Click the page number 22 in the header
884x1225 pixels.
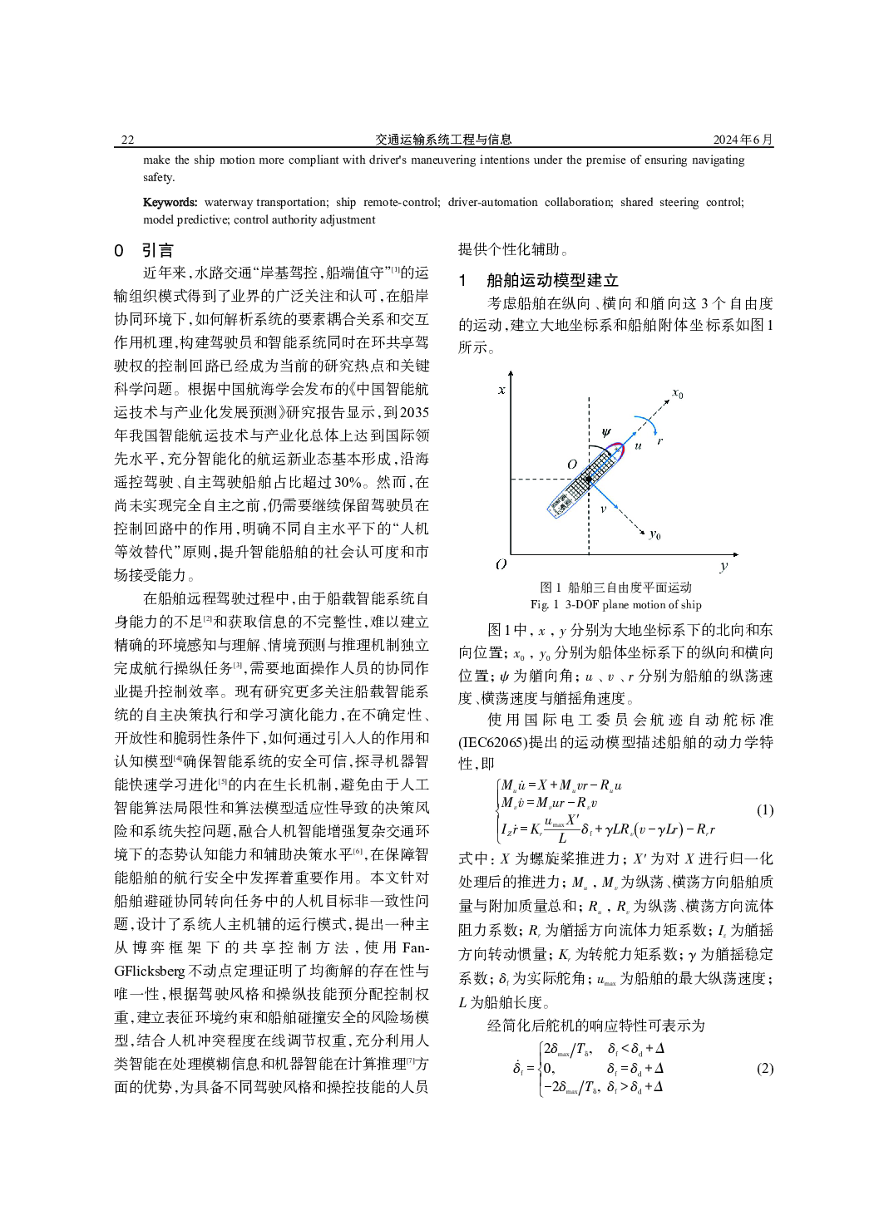coord(127,140)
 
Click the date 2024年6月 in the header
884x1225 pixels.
coord(743,140)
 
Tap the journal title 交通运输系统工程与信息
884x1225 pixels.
coord(443,140)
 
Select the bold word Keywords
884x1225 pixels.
coord(170,202)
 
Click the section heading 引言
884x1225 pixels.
coord(158,250)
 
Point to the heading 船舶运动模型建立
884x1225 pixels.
coord(552,280)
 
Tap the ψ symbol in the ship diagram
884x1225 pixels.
coord(606,432)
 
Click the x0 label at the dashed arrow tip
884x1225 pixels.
coord(678,393)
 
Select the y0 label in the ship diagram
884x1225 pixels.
coord(655,534)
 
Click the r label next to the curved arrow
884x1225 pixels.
coord(659,440)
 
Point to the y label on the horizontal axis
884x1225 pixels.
coord(723,566)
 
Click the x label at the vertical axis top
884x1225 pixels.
coord(501,389)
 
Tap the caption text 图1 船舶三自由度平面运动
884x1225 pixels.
coord(615,588)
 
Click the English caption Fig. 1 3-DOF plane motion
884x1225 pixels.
coord(615,604)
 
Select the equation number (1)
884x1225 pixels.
coord(764,809)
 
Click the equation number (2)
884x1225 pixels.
coord(764,1068)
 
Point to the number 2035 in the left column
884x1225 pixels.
coord(414,412)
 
